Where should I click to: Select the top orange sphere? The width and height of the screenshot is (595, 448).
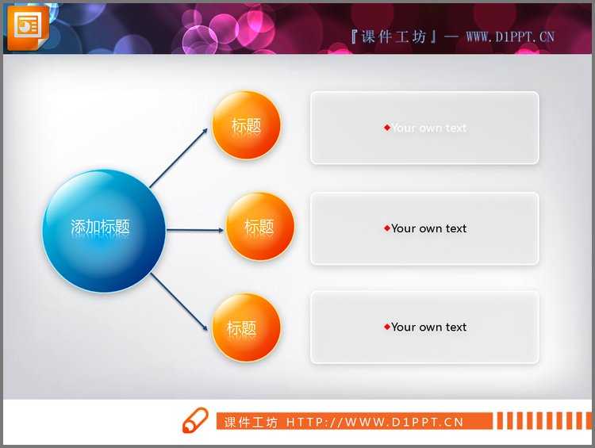click(x=246, y=125)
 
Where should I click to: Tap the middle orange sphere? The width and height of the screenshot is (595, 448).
click(x=260, y=227)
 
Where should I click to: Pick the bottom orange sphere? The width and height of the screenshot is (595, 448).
click(x=246, y=327)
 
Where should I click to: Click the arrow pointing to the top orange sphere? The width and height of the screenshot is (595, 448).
click(x=180, y=158)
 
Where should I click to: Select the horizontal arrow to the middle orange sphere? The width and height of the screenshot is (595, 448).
click(x=195, y=231)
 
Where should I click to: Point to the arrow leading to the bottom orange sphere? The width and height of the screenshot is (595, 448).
click(x=180, y=301)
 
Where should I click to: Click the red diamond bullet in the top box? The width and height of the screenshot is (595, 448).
click(x=387, y=128)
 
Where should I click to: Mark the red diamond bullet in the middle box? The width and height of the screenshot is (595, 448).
click(x=387, y=228)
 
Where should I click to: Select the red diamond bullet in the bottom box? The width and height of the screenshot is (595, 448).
click(x=387, y=327)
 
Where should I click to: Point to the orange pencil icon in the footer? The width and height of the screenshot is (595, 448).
click(x=194, y=421)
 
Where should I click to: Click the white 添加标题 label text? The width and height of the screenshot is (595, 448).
click(x=100, y=227)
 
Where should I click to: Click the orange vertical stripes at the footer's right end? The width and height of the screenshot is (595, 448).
click(x=541, y=421)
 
